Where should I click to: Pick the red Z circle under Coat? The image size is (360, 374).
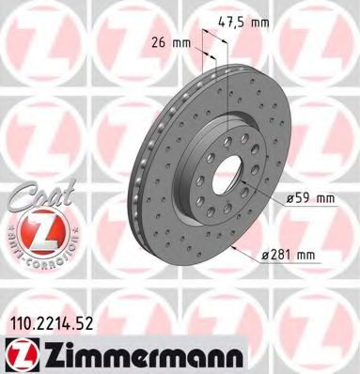(x=34, y=232)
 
